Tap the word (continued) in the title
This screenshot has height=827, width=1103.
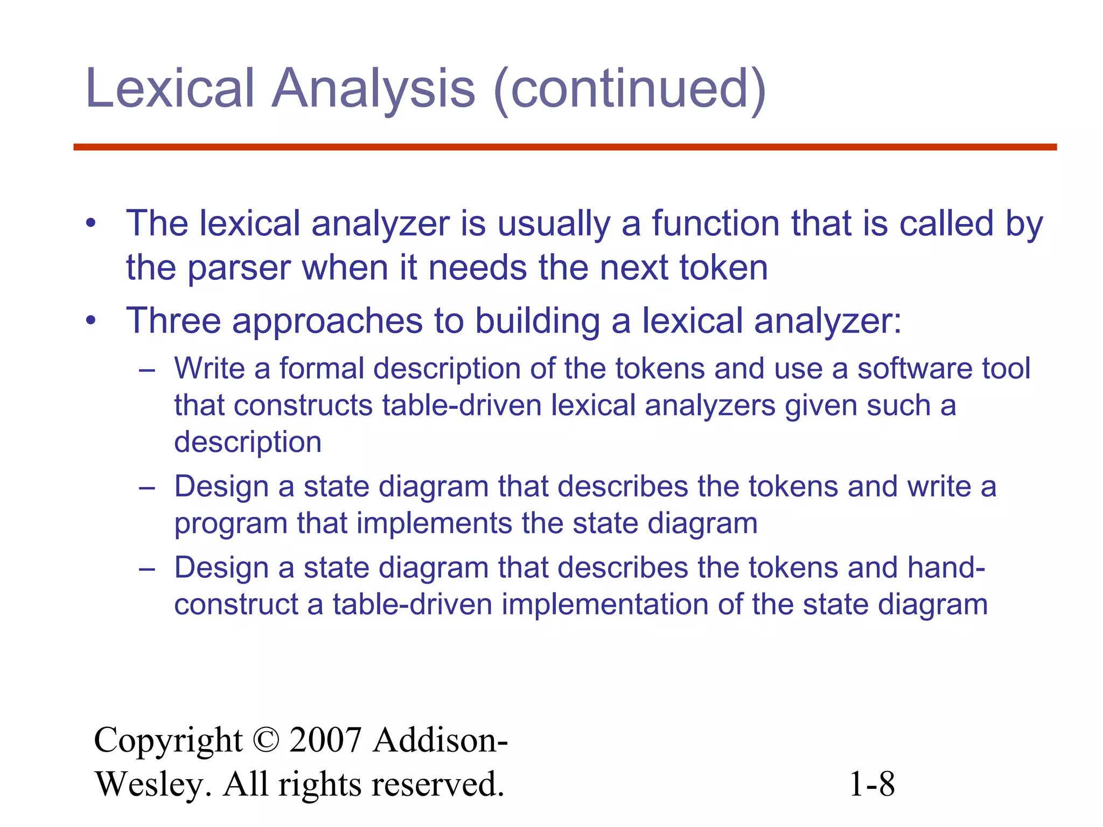630,89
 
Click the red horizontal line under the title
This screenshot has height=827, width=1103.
565,147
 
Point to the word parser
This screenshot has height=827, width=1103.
239,268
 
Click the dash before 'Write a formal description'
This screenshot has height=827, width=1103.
146,370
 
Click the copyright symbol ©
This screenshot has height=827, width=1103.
265,740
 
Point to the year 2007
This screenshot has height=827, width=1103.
325,740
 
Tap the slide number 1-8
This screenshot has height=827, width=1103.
872,784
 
